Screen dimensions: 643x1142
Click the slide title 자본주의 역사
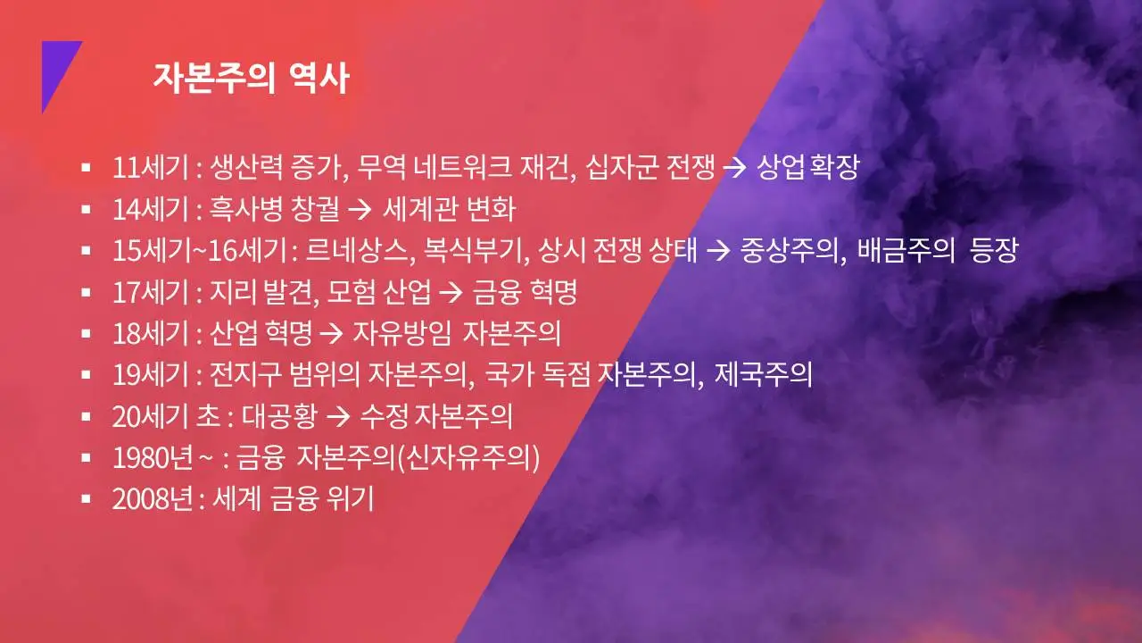tap(251, 78)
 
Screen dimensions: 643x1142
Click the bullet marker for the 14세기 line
tap(86, 210)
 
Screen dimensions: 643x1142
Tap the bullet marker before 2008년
tap(86, 498)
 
